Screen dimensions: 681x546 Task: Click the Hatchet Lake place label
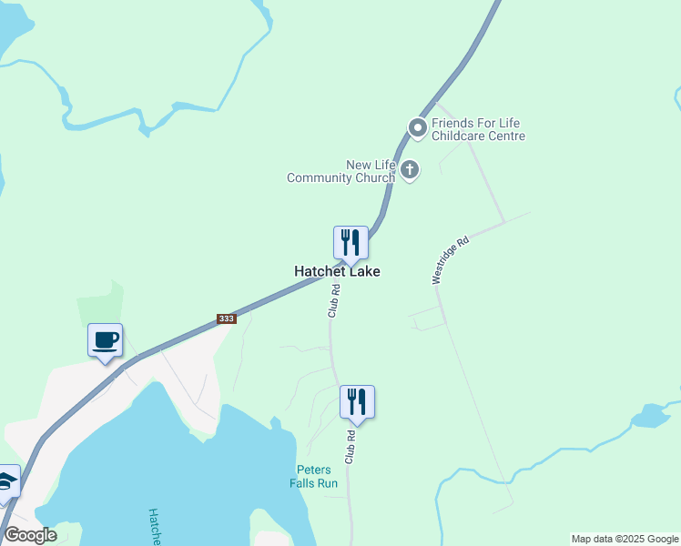(337, 271)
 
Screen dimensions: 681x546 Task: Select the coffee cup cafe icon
(106, 340)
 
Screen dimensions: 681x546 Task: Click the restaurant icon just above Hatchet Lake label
(351, 243)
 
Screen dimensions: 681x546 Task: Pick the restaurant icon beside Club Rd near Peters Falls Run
(357, 402)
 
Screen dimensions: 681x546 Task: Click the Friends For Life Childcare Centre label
(478, 129)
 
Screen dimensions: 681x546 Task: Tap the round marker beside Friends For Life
(418, 128)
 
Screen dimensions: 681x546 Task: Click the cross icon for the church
(410, 169)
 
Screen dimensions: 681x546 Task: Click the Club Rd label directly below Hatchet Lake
(334, 301)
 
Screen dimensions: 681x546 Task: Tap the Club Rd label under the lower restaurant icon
(350, 447)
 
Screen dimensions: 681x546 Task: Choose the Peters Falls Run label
(317, 476)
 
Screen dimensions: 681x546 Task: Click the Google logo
(30, 535)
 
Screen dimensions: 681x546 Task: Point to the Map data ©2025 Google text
(625, 539)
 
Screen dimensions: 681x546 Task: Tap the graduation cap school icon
(7, 481)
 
